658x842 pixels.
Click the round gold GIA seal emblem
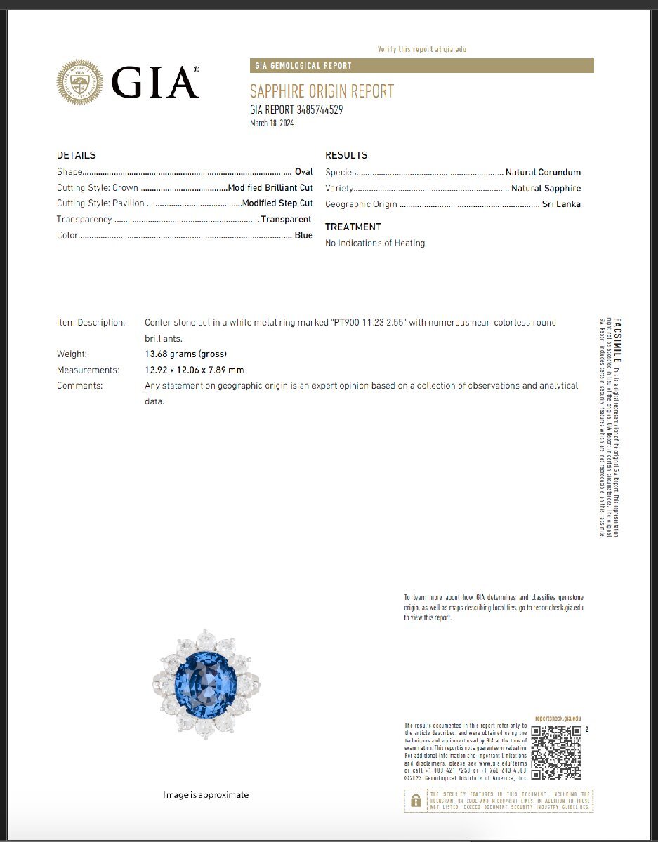(79, 82)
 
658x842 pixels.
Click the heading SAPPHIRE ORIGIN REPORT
(322, 92)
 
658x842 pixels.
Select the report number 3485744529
(320, 110)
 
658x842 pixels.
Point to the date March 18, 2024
(272, 123)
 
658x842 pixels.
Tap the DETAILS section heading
(76, 155)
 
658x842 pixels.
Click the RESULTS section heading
(346, 155)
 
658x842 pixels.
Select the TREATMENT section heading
(353, 227)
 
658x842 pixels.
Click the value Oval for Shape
(303, 172)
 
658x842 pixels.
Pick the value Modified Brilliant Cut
(270, 188)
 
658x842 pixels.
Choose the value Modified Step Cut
(277, 203)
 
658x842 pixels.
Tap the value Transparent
(286, 220)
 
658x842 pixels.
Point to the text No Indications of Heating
(375, 243)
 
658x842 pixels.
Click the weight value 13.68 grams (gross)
(185, 354)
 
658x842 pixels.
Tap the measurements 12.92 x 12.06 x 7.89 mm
(195, 370)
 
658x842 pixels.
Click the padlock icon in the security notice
(416, 801)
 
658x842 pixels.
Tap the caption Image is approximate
(206, 795)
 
